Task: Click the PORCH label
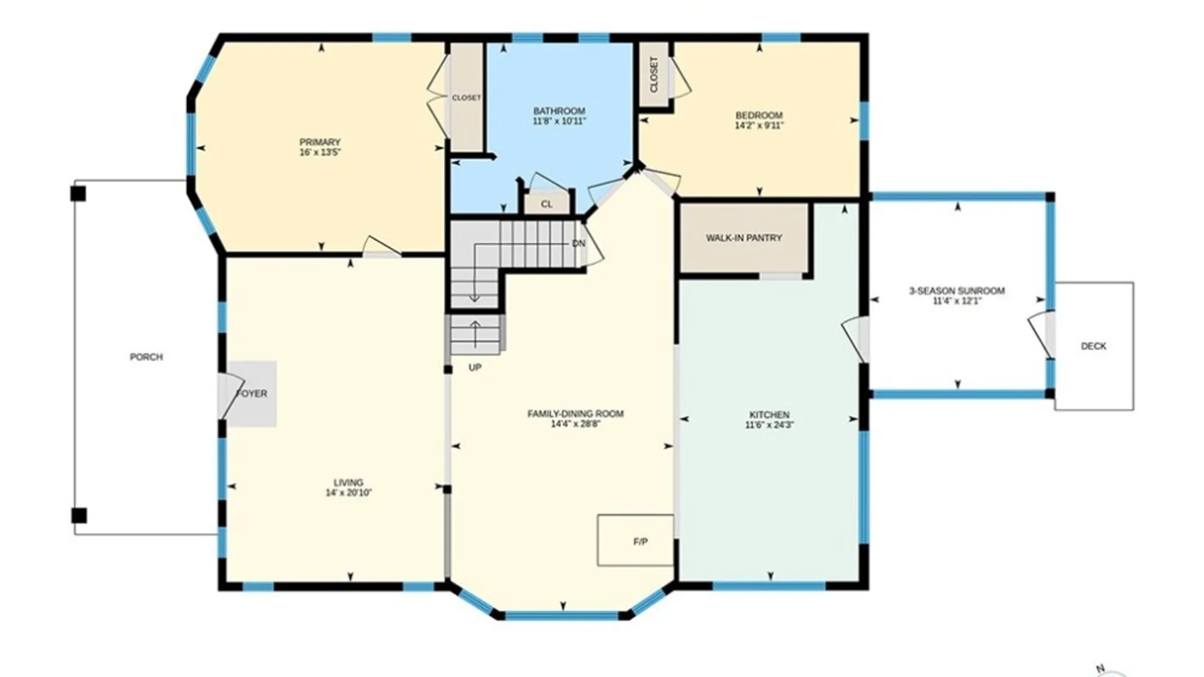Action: [146, 357]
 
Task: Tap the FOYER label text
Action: [252, 394]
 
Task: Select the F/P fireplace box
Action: [635, 540]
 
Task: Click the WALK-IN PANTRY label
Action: [744, 238]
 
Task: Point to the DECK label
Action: [1094, 346]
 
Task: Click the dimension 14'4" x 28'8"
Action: [576, 424]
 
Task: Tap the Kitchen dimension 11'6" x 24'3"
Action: [769, 425]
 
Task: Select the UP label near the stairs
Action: [475, 367]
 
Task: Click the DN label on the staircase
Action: [578, 243]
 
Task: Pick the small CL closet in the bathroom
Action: [547, 204]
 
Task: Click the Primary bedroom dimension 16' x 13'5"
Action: [320, 152]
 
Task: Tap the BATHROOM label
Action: [559, 111]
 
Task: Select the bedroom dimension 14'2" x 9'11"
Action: [759, 125]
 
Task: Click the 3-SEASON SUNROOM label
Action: [957, 291]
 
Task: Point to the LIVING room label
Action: [348, 483]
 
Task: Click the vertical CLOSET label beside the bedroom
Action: [654, 75]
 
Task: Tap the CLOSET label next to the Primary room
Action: [467, 98]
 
